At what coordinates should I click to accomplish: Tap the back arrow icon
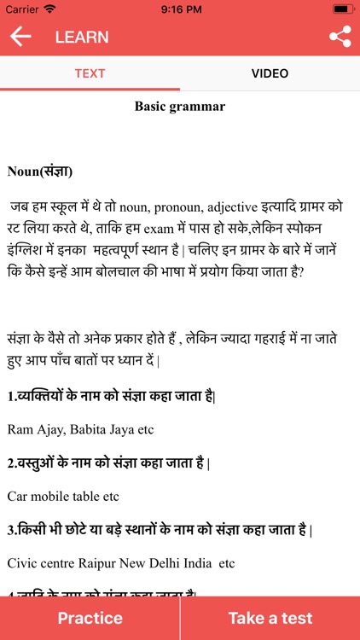(x=20, y=37)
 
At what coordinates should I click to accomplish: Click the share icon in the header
(x=340, y=37)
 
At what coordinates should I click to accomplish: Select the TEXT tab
(x=90, y=73)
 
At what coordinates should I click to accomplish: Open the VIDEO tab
(x=270, y=73)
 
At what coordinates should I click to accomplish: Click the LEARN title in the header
(x=82, y=37)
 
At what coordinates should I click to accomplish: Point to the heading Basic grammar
(x=180, y=107)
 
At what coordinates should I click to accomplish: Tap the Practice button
(x=90, y=618)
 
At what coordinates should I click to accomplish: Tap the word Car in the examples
(x=18, y=496)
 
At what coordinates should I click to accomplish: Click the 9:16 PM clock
(x=180, y=9)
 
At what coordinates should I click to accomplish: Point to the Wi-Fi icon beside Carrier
(x=49, y=9)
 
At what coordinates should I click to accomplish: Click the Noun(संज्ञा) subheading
(x=40, y=172)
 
